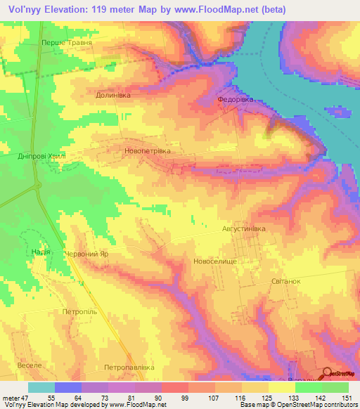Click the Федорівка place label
[x=233, y=100]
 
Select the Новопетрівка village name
[x=147, y=150]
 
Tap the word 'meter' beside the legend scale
[x=11, y=398]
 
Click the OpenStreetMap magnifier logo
[x=328, y=375]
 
